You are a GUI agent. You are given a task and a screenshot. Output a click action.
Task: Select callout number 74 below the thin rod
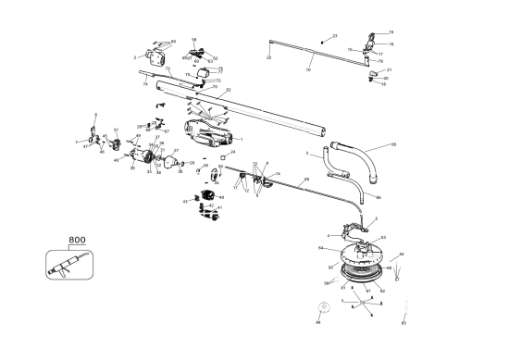coord(145,83)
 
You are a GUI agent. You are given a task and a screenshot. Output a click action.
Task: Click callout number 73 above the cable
coord(168,68)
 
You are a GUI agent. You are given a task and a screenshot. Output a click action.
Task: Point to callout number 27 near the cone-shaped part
coord(176,150)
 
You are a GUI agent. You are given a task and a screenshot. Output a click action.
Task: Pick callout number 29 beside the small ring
coord(192,163)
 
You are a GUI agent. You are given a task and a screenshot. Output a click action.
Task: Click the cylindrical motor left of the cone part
coord(145,157)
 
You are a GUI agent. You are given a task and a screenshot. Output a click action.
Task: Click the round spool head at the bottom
coord(361,264)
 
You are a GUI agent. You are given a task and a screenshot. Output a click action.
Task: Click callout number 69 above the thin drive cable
coord(306,179)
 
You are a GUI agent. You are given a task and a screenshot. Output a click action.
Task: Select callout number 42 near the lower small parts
coord(210,205)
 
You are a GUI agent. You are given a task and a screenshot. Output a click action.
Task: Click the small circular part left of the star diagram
coord(324,305)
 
